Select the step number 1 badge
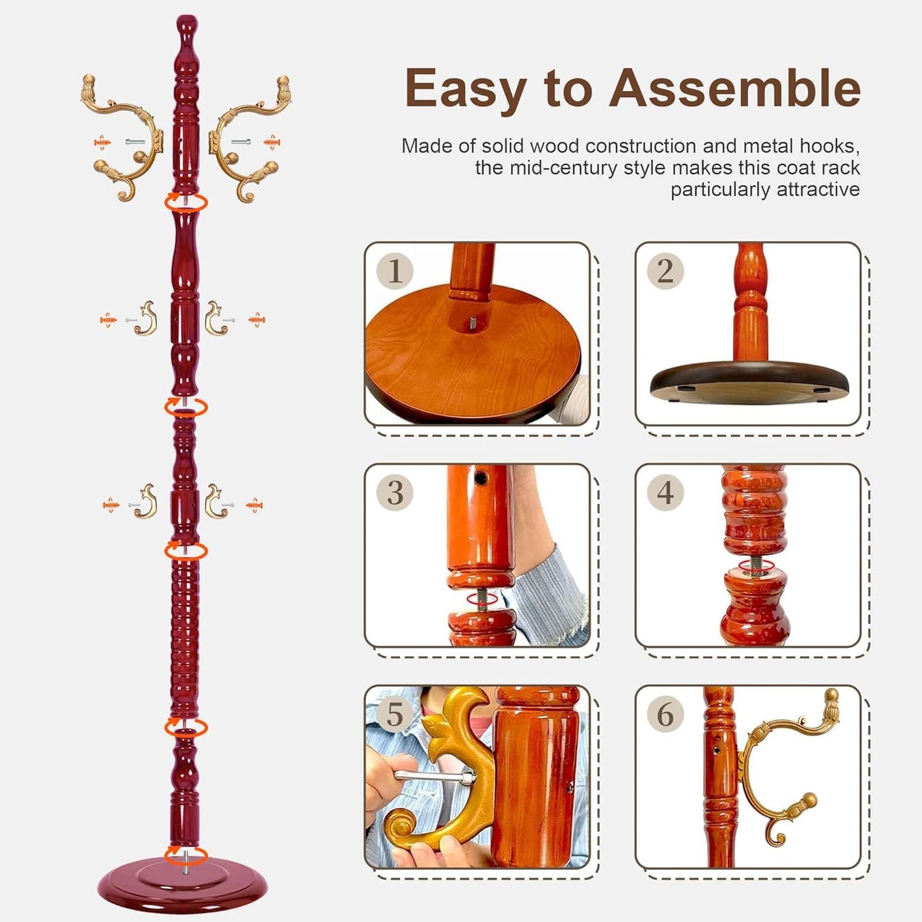[x=395, y=271]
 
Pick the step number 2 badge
[x=665, y=271]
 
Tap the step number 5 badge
[x=395, y=714]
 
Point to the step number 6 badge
[x=665, y=714]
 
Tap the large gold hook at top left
[x=124, y=137]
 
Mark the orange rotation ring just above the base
[x=186, y=854]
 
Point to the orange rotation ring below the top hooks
[x=186, y=202]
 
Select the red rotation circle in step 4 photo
[x=754, y=565]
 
